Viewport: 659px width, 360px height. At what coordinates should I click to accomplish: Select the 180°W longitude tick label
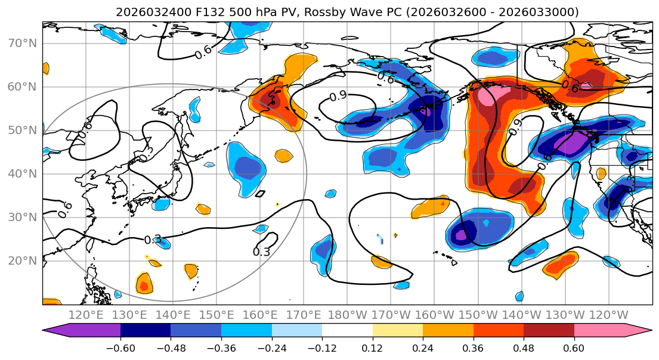pyautogui.click(x=347, y=315)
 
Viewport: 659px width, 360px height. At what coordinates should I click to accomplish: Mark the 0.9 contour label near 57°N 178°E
pyautogui.click(x=338, y=96)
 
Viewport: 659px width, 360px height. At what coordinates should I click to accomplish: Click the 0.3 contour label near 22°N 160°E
pyautogui.click(x=261, y=252)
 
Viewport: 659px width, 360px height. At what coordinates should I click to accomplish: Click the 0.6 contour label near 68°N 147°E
pyautogui.click(x=203, y=51)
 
